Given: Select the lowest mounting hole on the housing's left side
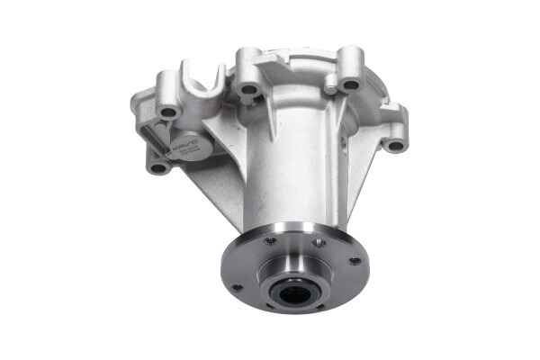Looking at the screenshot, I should pos(159,167).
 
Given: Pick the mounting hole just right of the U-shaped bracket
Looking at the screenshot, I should pos(249,89).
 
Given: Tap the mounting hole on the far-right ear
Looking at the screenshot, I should pos(395,143).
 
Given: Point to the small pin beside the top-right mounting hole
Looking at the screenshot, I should pos(330,88).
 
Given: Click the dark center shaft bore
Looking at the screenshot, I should pos(292,292).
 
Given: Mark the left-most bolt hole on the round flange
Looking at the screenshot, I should pos(237,288).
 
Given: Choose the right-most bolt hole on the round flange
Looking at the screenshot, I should pos(355,261).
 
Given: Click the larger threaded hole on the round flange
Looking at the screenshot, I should pos(317,242).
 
